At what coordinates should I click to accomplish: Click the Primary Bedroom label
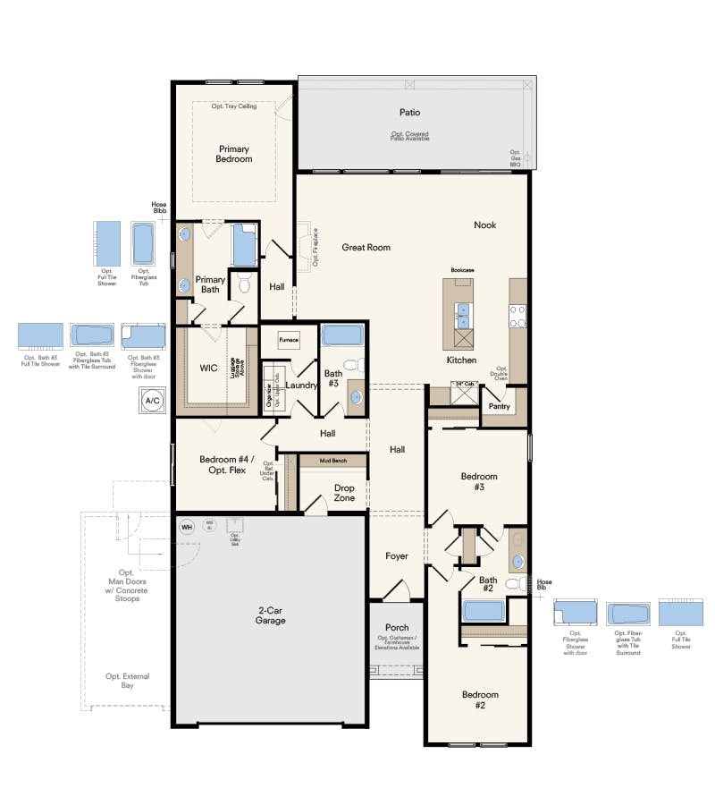[x=233, y=154]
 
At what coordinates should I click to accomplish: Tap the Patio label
[x=409, y=113]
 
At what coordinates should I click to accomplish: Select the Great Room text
[x=366, y=248]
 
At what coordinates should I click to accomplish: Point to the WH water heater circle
[x=187, y=527]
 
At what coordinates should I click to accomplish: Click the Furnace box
[x=288, y=340]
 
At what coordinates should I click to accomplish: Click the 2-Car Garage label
[x=270, y=614]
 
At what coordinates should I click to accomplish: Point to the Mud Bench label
[x=333, y=460]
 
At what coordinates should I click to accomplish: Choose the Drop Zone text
[x=344, y=494]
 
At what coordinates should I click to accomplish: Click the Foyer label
[x=396, y=556]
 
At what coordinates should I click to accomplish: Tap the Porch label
[x=396, y=627]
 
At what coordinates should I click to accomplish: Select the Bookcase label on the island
[x=462, y=268]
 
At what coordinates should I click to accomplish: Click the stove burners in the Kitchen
[x=517, y=316]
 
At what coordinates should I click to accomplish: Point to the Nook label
[x=484, y=225]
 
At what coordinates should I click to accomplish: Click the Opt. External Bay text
[x=127, y=681]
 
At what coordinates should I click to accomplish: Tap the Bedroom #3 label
[x=478, y=482]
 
